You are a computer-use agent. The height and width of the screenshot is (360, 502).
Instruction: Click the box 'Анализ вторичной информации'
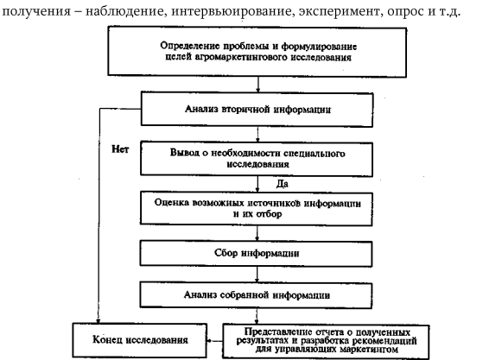point(257,110)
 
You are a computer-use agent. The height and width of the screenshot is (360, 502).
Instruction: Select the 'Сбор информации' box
point(256,254)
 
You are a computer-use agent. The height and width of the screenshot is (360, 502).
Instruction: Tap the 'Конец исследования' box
point(140,340)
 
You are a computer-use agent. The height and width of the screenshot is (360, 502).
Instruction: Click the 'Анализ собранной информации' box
point(256,294)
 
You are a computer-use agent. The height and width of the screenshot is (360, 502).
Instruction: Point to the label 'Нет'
point(120,149)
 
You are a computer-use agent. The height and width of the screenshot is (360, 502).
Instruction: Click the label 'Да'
point(282,184)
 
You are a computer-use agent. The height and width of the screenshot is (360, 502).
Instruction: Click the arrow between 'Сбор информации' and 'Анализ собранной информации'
point(257,275)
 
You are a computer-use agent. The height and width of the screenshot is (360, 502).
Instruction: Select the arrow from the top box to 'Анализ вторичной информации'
point(258,85)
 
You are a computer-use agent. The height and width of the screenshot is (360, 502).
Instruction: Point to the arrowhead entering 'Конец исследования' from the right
point(209,341)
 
